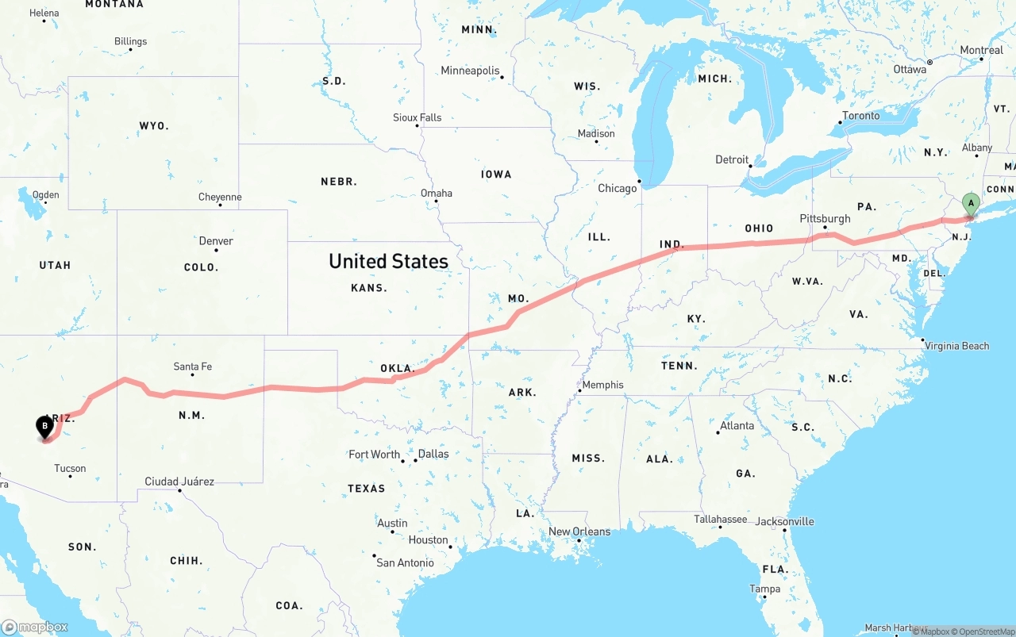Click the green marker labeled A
pyautogui.click(x=970, y=204)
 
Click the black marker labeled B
pyautogui.click(x=45, y=427)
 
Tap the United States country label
pyautogui.click(x=388, y=261)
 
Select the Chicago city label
pyautogui.click(x=618, y=188)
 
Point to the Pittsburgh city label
pyautogui.click(x=825, y=218)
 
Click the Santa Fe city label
pyautogui.click(x=193, y=366)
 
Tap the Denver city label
pyautogui.click(x=216, y=241)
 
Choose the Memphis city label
pyautogui.click(x=603, y=385)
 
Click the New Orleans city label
pyautogui.click(x=579, y=531)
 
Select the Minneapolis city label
pyautogui.click(x=470, y=71)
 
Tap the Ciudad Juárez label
pyautogui.click(x=179, y=482)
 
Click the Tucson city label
pyautogui.click(x=70, y=468)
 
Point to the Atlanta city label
pyautogui.click(x=737, y=426)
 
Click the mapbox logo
pyautogui.click(x=35, y=627)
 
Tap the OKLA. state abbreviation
pyautogui.click(x=397, y=368)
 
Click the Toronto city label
pyautogui.click(x=860, y=116)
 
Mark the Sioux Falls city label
pyautogui.click(x=417, y=117)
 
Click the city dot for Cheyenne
pyautogui.click(x=220, y=205)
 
